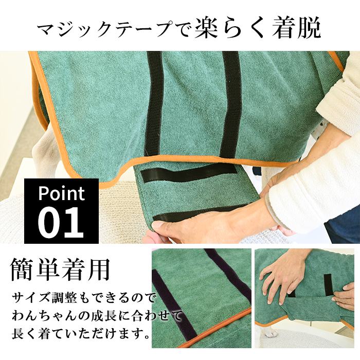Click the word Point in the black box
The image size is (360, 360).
(x=61, y=194)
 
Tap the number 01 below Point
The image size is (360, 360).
(x=61, y=221)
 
